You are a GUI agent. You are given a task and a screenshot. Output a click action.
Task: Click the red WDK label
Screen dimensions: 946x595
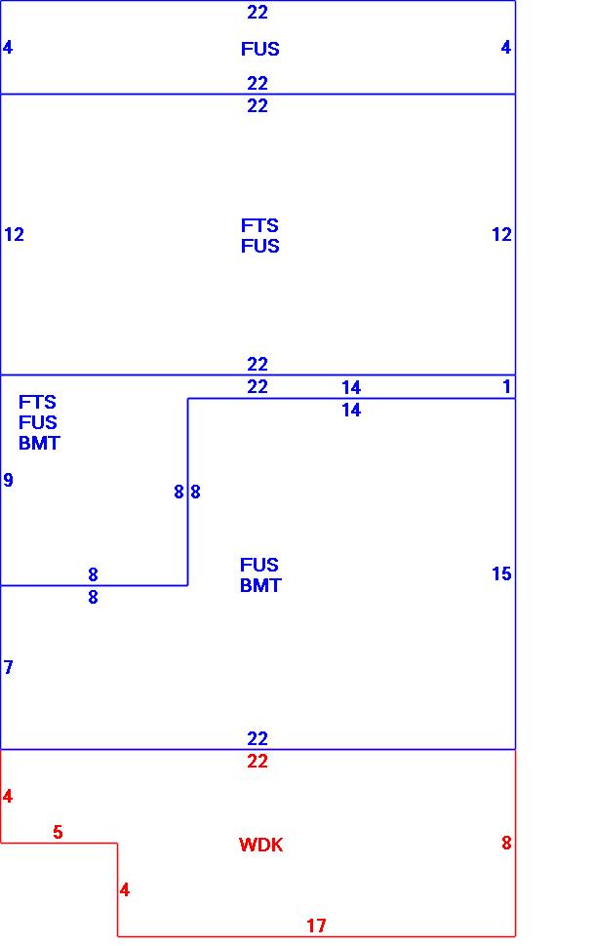260,846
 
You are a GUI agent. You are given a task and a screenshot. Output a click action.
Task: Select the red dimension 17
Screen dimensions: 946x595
316,926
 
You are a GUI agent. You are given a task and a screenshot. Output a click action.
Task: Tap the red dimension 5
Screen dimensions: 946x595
58,832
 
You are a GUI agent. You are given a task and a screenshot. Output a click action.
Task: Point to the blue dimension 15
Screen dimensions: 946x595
501,574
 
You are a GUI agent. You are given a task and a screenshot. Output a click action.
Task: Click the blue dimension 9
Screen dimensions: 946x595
9,480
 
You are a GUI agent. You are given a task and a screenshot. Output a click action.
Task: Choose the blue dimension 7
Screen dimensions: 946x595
9,667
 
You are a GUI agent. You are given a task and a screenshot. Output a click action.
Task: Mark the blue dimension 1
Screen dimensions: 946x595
506,387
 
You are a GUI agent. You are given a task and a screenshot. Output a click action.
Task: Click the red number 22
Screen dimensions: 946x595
258,762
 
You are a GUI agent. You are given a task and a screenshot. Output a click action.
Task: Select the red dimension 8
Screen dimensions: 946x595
506,844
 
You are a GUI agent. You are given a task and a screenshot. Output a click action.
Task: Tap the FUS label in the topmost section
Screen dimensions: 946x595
260,49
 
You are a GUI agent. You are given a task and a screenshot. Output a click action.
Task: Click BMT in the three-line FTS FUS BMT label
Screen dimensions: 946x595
39,443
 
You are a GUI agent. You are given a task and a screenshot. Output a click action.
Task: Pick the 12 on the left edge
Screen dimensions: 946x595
14,234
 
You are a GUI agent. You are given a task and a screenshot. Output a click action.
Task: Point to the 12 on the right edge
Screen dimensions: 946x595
501,234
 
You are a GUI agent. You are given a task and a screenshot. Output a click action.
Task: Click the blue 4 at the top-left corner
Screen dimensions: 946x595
8,47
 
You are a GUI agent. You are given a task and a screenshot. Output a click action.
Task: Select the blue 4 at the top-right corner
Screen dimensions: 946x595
505,47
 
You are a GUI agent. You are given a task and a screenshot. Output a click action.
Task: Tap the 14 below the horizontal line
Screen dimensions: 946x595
351,411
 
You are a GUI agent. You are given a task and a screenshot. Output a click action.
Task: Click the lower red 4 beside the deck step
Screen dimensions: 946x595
124,889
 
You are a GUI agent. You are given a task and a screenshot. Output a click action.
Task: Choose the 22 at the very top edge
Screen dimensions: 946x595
258,13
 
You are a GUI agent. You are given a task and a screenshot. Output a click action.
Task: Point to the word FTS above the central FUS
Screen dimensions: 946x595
259,225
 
